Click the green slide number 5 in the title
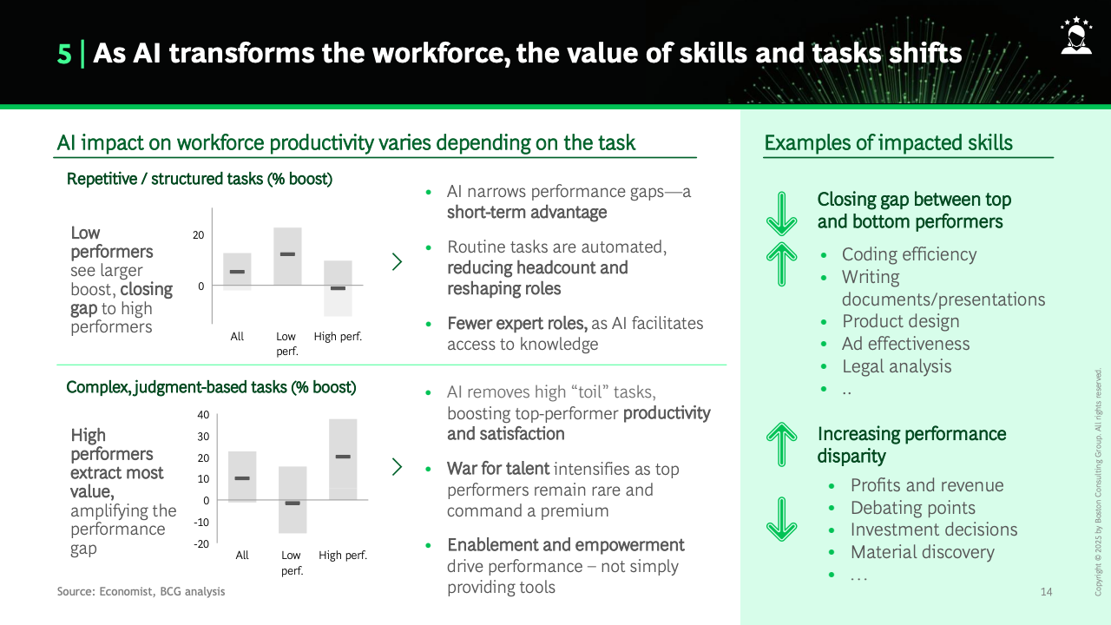point(64,54)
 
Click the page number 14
point(1046,592)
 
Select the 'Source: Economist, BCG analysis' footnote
point(141,591)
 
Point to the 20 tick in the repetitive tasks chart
point(199,235)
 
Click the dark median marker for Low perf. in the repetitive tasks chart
point(287,254)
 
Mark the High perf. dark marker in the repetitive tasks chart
point(338,288)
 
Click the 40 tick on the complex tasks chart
point(203,415)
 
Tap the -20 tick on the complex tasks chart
point(201,543)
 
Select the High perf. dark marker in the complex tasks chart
point(343,457)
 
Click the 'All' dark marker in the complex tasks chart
point(242,478)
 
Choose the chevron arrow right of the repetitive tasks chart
point(397,262)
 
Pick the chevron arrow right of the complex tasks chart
point(397,467)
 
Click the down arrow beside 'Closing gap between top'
point(782,214)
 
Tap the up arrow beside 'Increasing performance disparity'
point(782,444)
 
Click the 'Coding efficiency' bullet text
point(909,254)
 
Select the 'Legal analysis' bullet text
point(897,366)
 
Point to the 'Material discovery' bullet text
point(923,552)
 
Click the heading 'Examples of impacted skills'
point(888,143)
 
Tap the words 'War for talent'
point(498,469)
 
